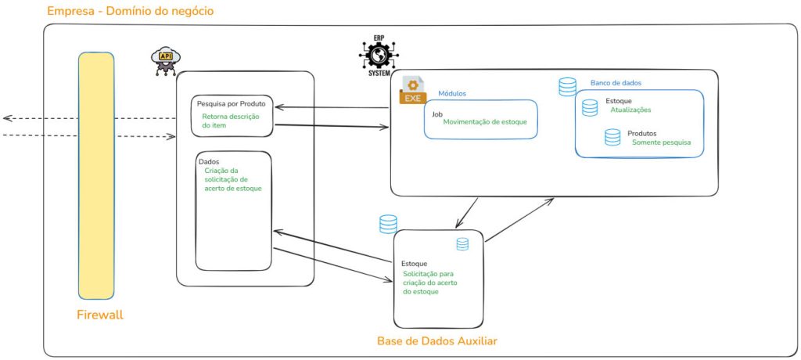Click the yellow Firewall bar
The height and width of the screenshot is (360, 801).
(96, 175)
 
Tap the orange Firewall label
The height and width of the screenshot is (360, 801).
(100, 315)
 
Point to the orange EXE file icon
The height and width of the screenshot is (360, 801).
(412, 91)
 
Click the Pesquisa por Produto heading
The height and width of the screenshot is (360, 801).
(232, 104)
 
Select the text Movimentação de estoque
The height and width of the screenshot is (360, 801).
(485, 122)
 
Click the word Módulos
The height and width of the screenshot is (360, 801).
(452, 94)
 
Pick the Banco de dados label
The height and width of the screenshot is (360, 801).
(616, 82)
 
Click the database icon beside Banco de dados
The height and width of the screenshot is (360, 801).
(568, 87)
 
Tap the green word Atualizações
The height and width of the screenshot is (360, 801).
(631, 110)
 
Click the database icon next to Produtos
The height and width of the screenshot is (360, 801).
(612, 137)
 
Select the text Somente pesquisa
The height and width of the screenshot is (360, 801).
(661, 142)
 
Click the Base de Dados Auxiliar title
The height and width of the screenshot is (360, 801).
(436, 340)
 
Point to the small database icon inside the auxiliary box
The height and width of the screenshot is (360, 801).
(462, 244)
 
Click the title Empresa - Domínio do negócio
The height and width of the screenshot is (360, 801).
(131, 11)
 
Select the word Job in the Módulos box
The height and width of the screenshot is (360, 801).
(437, 114)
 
